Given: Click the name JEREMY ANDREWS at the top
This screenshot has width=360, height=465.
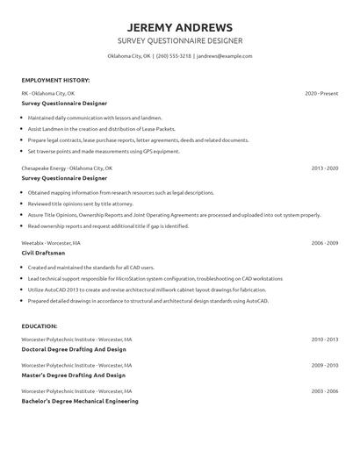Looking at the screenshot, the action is click(x=179, y=25).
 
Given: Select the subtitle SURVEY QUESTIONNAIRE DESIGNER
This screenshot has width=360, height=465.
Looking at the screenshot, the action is click(x=179, y=41).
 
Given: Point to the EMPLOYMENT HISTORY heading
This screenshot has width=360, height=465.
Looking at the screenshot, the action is click(x=54, y=79).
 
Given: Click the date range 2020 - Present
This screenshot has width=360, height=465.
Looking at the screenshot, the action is click(x=321, y=93).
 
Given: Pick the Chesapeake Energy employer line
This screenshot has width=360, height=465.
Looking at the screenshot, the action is click(x=67, y=168).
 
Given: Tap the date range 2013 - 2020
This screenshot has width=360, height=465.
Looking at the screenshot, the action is click(x=324, y=168).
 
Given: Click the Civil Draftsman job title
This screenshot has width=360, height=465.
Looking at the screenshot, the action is click(x=43, y=253).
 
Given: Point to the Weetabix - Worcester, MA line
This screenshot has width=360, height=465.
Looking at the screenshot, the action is click(x=51, y=242).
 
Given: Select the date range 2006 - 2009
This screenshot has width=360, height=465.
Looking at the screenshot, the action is click(x=324, y=242).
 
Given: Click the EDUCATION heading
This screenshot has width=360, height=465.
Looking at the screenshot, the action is click(x=40, y=325).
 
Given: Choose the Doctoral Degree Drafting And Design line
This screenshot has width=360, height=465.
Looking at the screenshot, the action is click(x=74, y=349).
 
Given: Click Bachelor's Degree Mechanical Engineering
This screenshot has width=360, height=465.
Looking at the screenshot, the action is click(x=80, y=401).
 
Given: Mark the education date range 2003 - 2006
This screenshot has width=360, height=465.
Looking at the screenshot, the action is click(x=324, y=390).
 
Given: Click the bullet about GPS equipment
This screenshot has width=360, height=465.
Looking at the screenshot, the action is click(x=104, y=151).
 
